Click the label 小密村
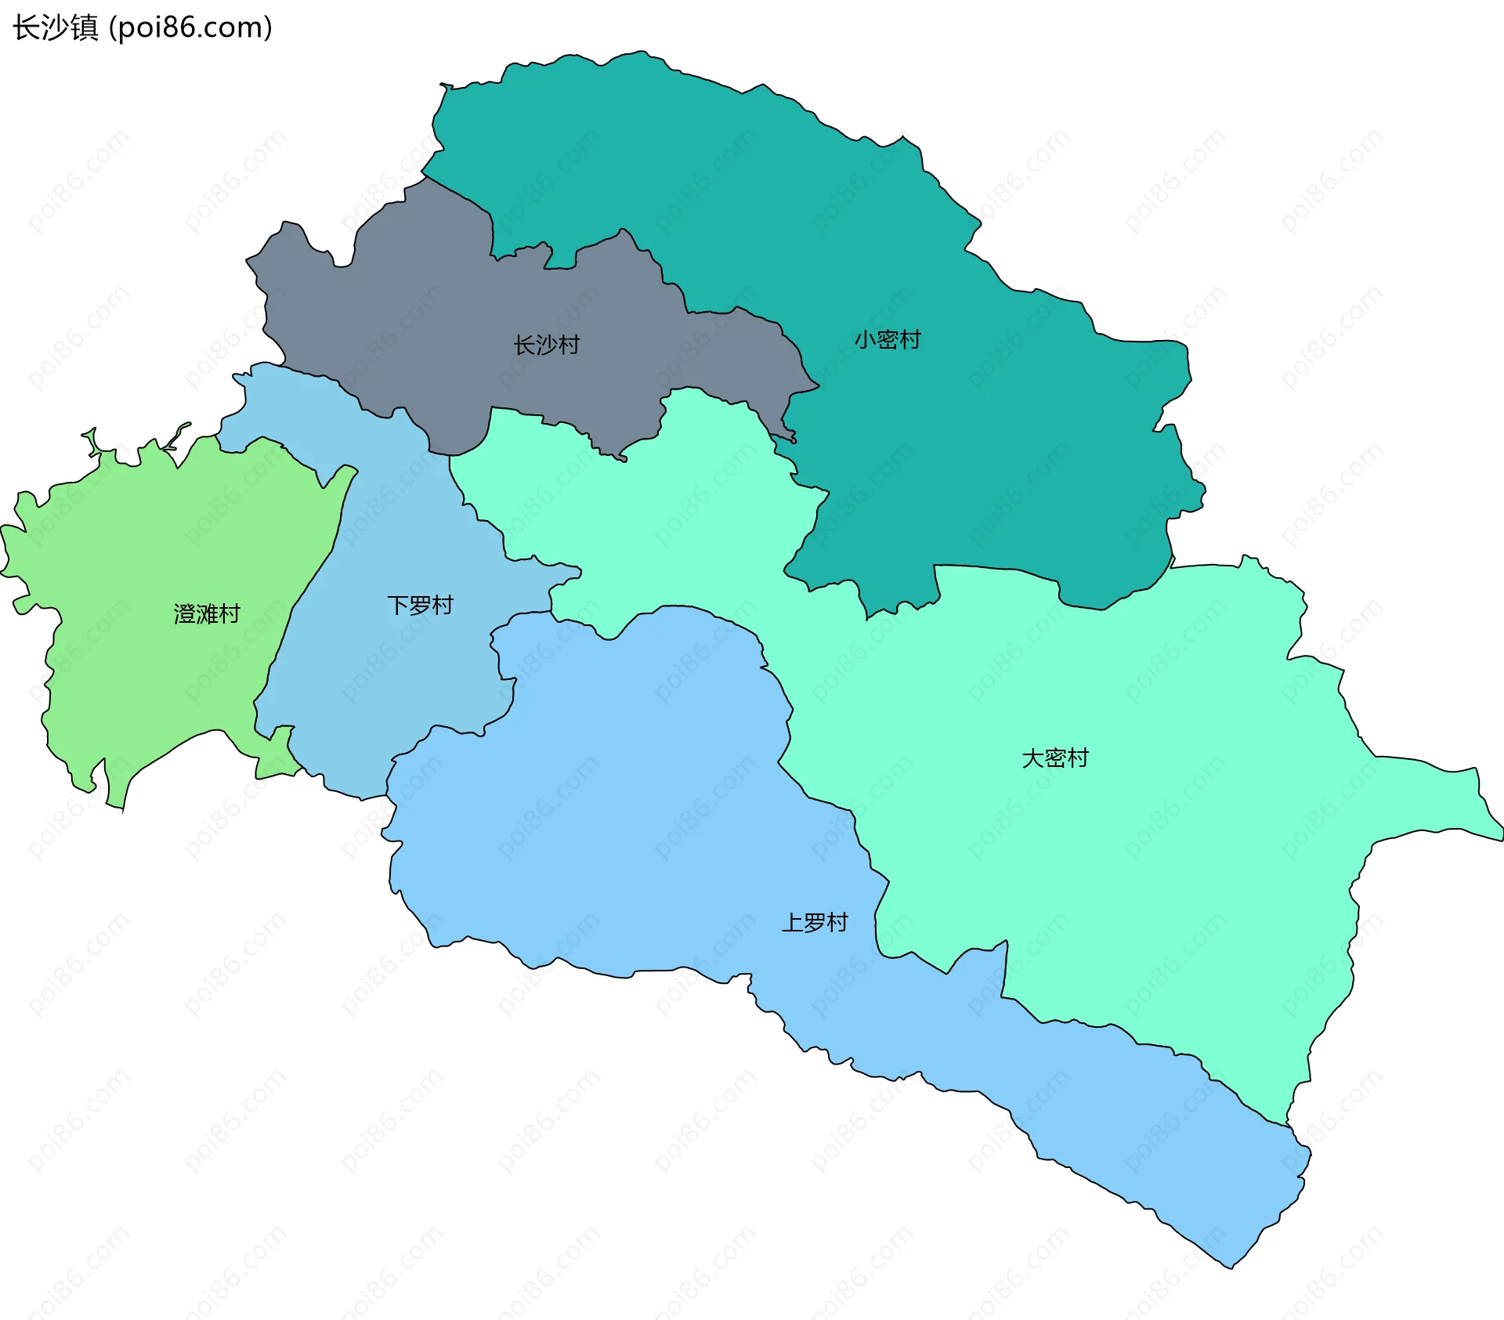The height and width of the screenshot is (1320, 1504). coord(887,340)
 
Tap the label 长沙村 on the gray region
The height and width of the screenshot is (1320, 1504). coord(546,345)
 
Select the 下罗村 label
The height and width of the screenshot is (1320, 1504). coord(420,606)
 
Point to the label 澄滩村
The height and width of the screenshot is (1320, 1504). coord(207,613)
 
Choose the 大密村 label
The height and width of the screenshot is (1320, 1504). coord(1054,758)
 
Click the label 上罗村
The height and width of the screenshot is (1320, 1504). coord(815,923)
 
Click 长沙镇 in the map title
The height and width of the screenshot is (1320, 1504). coord(55,27)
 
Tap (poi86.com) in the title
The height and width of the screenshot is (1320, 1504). coord(190,27)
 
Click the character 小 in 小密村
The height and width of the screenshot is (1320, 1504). coord(865,340)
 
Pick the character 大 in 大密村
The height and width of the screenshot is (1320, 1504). coord(1032,758)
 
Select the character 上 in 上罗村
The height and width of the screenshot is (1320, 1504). coord(793,923)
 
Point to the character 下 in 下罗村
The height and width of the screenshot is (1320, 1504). coord(398,606)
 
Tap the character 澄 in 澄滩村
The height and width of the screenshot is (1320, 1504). coord(185,613)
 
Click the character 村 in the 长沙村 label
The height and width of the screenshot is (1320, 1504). coord(569,345)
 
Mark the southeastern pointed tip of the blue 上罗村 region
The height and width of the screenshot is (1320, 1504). coord(1231,1267)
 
